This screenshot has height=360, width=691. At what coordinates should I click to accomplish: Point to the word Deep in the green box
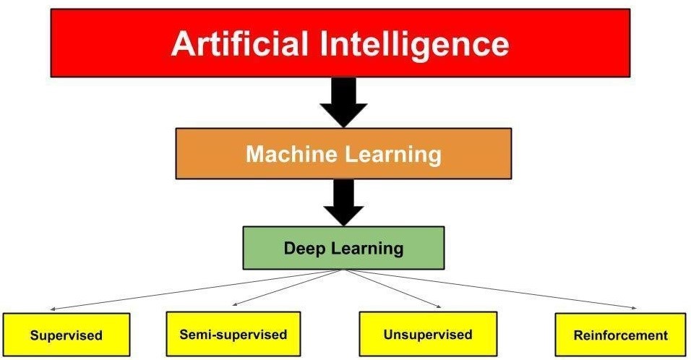(x=303, y=249)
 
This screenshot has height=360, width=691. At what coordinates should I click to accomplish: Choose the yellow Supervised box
(x=66, y=335)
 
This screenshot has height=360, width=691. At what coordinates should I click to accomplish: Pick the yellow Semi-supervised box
(x=233, y=334)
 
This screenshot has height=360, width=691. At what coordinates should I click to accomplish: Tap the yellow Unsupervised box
(x=428, y=334)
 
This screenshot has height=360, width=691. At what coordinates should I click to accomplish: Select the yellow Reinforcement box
(x=619, y=335)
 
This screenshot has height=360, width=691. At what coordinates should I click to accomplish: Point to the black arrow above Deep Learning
(x=343, y=201)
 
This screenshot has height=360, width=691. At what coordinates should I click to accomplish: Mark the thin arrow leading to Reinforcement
(x=492, y=289)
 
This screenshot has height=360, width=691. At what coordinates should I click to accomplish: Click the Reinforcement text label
(x=619, y=335)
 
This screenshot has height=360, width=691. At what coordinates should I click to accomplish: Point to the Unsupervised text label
(x=428, y=335)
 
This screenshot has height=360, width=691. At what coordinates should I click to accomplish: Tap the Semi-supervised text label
(x=233, y=335)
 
